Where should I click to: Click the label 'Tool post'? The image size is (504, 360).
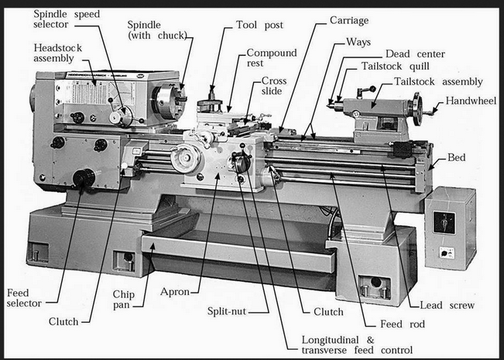click(x=259, y=26)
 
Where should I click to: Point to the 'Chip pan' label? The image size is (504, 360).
click(x=124, y=300)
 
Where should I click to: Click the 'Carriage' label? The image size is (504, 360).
click(x=348, y=20)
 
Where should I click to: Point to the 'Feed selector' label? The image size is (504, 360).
click(x=24, y=299)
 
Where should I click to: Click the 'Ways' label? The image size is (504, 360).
click(x=358, y=41)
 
